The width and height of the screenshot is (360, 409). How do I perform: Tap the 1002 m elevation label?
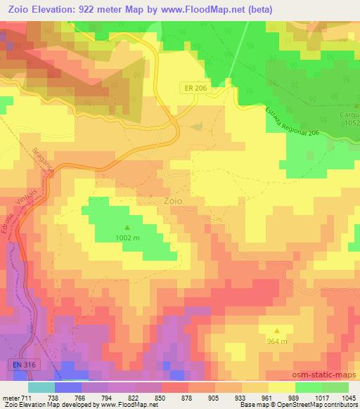[127, 238]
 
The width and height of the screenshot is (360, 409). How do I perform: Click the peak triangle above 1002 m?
[127, 227]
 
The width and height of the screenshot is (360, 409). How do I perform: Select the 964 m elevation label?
[277, 341]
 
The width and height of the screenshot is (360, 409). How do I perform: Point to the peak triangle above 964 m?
[277, 330]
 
